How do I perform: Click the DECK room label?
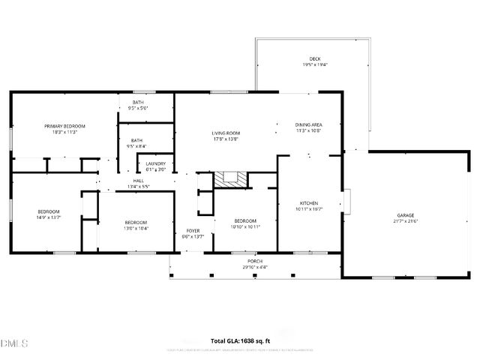314,59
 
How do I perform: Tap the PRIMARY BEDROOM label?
64,126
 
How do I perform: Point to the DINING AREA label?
308,124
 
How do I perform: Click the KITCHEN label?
309,203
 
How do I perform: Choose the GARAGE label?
405,216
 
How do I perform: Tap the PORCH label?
256,262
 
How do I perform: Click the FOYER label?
193,231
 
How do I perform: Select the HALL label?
139,181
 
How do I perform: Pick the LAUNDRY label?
155,163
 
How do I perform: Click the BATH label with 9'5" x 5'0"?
138,103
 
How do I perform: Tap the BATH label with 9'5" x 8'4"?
137,140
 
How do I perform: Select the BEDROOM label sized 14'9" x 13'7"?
49,212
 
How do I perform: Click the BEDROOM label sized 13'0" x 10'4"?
136,222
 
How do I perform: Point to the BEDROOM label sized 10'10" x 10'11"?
245,220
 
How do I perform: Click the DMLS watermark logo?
14,343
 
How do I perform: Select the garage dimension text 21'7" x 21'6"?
405,221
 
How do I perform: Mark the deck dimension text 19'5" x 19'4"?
314,65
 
